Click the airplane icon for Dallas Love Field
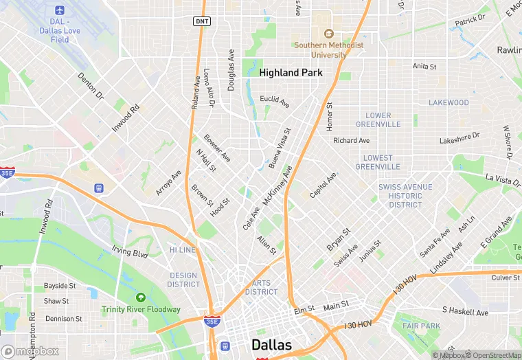click(59, 12)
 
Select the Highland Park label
click(288, 72)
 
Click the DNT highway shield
click(202, 21)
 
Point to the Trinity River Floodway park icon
click(141, 297)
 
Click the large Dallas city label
click(271, 345)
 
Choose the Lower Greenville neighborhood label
click(378, 120)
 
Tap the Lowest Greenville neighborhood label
click(378, 162)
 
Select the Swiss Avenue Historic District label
click(405, 196)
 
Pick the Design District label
click(183, 280)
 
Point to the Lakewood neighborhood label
click(449, 103)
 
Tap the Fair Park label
click(421, 326)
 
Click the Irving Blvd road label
click(130, 253)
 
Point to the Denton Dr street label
click(90, 85)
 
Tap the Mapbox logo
click(30, 351)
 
